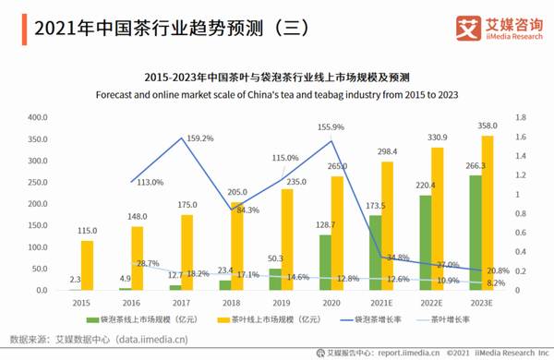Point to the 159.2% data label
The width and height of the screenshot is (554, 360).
click(x=200, y=139)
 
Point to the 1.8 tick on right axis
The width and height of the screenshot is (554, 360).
click(x=521, y=118)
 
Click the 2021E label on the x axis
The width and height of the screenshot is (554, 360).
click(x=381, y=302)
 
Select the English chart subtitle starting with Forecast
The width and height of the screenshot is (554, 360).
click(x=277, y=94)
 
